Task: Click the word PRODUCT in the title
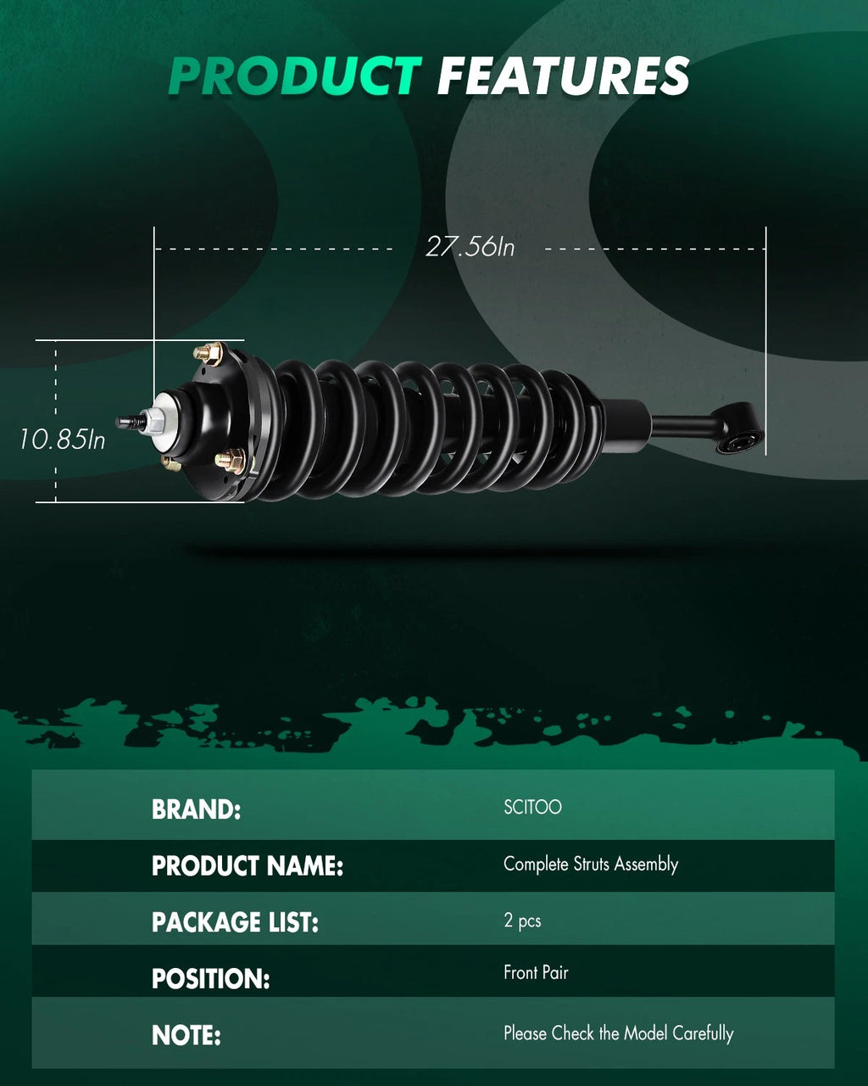[294, 76]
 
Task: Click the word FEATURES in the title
[564, 76]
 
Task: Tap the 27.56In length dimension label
[470, 247]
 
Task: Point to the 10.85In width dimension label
[62, 439]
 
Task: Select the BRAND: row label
[196, 809]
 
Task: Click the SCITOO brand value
[532, 807]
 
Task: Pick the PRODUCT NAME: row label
[248, 866]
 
